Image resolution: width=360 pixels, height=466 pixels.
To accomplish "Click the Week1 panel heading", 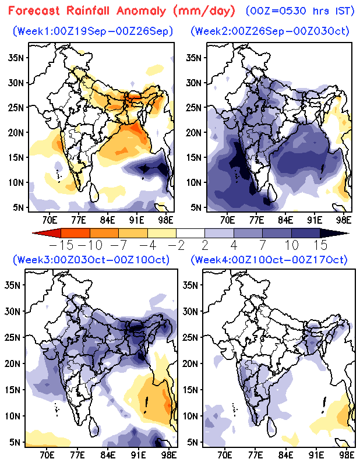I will tap(92, 30).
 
